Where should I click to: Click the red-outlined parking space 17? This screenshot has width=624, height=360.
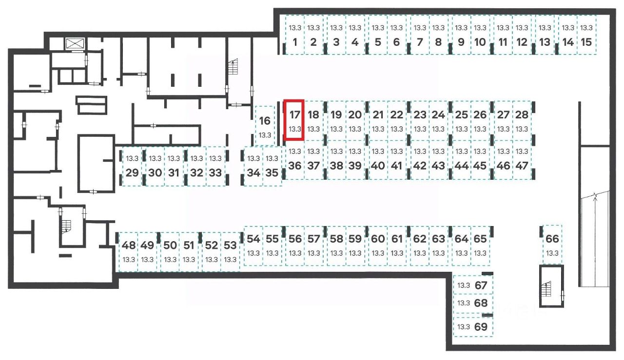point(294,120)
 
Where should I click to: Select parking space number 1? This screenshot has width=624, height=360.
point(294,35)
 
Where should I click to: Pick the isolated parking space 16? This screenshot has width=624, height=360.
point(265,126)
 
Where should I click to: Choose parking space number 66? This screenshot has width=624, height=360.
point(552,244)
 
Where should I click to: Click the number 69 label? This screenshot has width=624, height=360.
point(481,327)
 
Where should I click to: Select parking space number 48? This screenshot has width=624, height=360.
point(129,251)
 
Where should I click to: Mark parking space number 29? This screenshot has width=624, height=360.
point(132,166)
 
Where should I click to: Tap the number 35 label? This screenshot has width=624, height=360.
point(272,173)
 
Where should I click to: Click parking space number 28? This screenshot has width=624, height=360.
point(522,120)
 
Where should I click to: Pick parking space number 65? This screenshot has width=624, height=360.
point(481,245)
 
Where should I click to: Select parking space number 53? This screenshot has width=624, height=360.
point(231,251)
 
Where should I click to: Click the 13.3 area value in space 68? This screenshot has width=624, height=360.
point(463,303)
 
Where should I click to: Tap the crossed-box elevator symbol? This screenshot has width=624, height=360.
point(75,43)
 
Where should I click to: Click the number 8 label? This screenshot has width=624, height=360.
point(438,42)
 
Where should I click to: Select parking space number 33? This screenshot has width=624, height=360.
point(215,166)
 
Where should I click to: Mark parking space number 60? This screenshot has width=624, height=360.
point(378,245)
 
